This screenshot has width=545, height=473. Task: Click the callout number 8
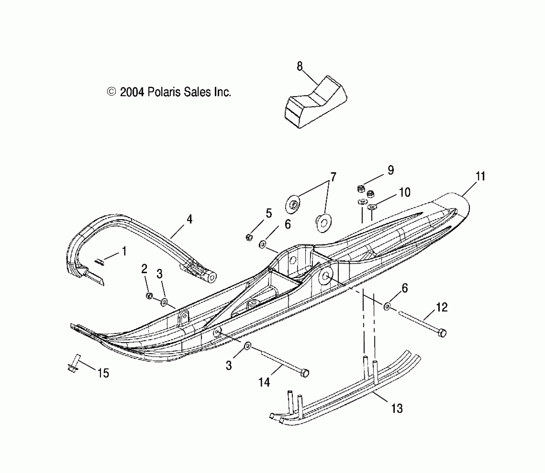pos(300,67)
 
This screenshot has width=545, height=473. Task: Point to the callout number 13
pos(397,408)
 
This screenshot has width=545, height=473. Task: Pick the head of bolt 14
pos(305,373)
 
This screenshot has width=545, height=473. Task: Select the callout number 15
pos(103,373)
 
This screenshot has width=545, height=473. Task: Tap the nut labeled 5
pos(249,237)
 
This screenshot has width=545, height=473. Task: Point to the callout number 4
pos(189,220)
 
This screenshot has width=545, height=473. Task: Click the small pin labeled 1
pos(99,261)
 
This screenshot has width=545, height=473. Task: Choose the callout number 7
pos(333,177)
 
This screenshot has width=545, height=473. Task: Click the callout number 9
pos(391,170)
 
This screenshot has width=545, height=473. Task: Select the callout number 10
pos(405,192)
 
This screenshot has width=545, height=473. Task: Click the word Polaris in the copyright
pos(164,92)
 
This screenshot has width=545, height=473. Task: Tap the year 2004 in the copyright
pos(132,92)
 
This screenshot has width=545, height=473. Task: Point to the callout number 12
pos(442,307)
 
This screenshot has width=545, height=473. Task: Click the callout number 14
pos(264,383)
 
